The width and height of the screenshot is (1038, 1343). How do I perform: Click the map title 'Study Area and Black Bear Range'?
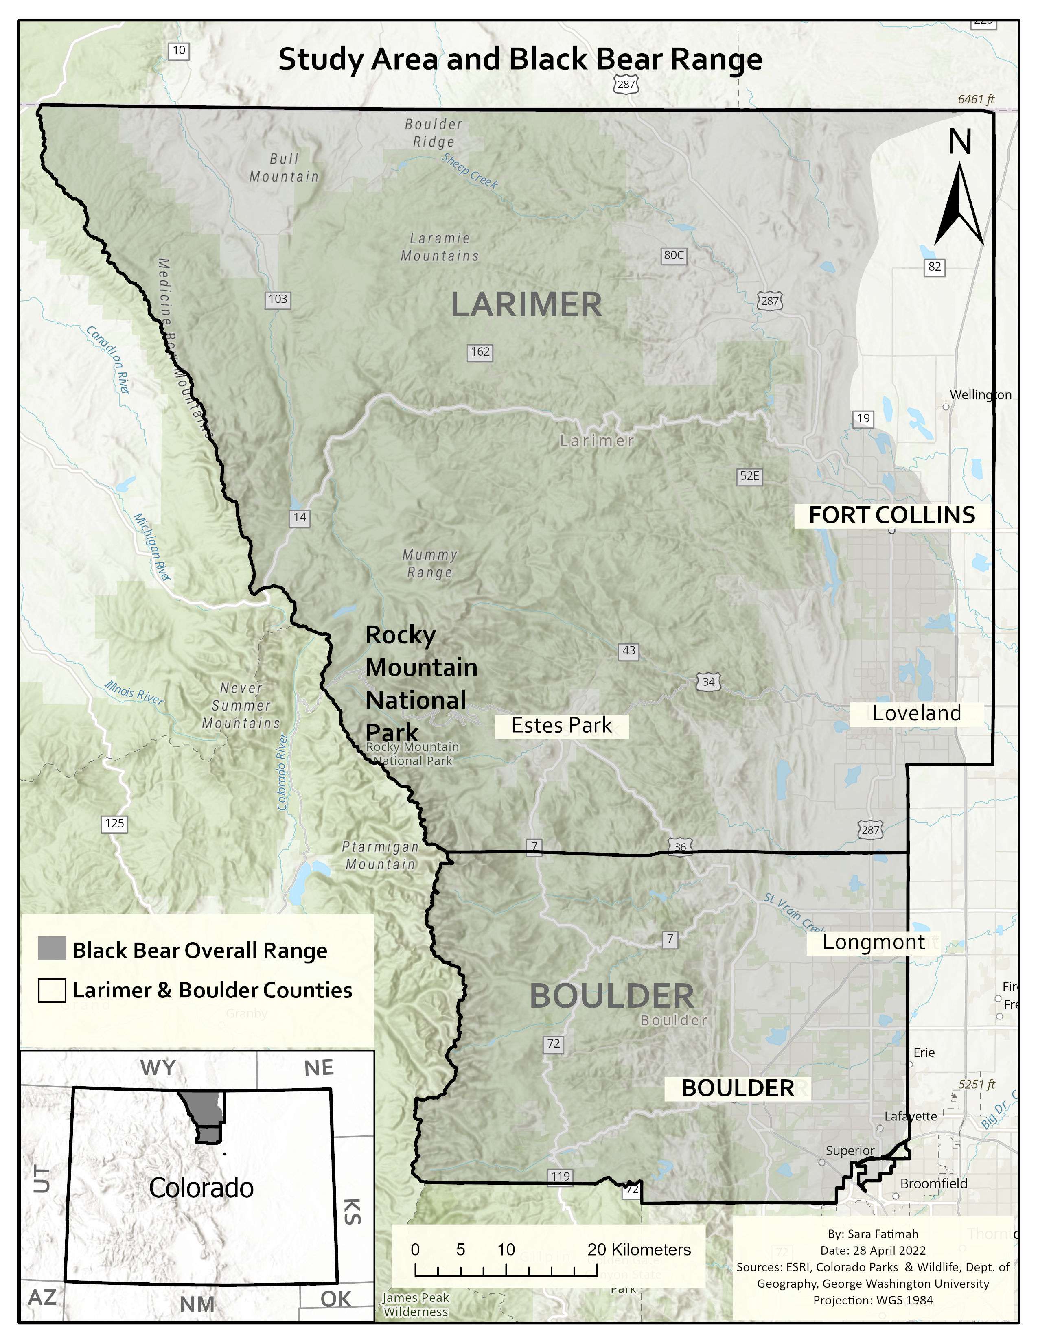pos(520,60)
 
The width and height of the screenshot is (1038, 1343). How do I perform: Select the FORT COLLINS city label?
pos(891,515)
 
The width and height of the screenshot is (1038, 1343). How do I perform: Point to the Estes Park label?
pos(561,726)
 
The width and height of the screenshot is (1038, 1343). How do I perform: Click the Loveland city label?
pos(916,713)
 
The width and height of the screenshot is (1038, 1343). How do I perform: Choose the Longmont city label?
pos(873,942)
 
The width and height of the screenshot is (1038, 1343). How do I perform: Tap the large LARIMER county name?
pos(526,305)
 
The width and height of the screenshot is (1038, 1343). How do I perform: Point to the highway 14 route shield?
pos(300,517)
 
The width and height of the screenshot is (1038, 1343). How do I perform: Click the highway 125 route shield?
pos(114,823)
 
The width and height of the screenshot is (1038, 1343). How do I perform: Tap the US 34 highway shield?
pos(708,682)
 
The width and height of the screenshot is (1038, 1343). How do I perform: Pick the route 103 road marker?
pos(277,300)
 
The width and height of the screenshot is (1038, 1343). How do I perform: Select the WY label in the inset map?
pos(158,1068)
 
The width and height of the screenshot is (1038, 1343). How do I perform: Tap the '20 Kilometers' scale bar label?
pos(639,1249)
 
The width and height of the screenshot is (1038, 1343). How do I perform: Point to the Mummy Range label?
pos(430,563)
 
